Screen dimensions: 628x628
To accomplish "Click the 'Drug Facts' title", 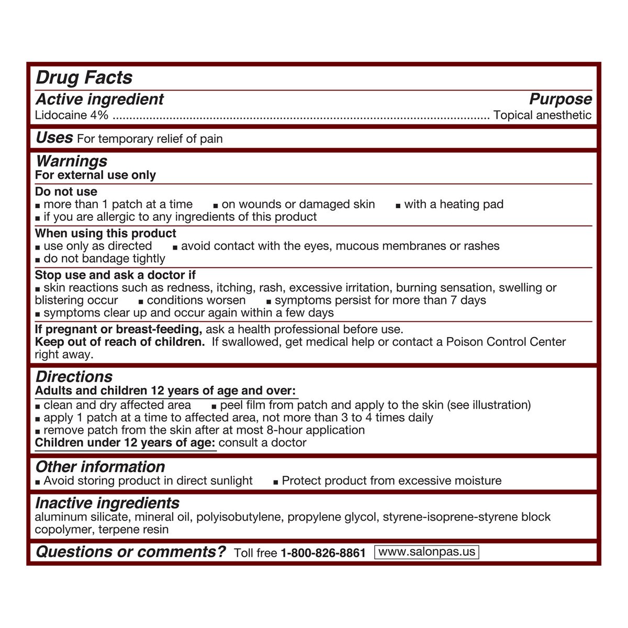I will click(x=84, y=77).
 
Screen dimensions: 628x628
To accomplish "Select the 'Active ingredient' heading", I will click(x=99, y=99).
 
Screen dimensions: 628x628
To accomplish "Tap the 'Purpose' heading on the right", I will click(x=560, y=99).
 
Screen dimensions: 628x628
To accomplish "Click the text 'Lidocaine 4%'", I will click(x=72, y=115).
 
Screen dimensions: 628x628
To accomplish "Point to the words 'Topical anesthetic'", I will click(x=542, y=115).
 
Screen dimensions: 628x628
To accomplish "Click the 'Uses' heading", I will click(x=54, y=138).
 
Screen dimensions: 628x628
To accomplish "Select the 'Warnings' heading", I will click(x=71, y=161).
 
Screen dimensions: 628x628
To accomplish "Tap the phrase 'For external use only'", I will click(x=95, y=175).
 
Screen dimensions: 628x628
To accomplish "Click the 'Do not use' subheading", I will click(x=66, y=192).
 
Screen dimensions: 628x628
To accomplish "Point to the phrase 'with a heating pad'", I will click(x=454, y=204).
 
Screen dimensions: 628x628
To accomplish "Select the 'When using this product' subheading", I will click(x=106, y=233).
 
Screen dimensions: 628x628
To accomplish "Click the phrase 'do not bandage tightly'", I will click(x=104, y=259).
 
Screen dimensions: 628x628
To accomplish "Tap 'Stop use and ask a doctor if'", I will click(x=115, y=275).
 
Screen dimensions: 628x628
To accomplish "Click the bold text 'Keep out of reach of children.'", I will click(x=120, y=342).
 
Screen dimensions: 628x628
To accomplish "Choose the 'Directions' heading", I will click(x=74, y=377).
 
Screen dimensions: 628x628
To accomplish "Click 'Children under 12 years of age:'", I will click(x=125, y=443).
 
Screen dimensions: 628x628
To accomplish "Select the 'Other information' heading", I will click(x=100, y=467).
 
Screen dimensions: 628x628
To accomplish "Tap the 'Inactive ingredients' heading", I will click(x=107, y=503).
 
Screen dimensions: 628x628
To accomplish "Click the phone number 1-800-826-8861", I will click(x=323, y=553).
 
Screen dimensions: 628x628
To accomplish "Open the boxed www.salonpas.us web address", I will click(x=427, y=552).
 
